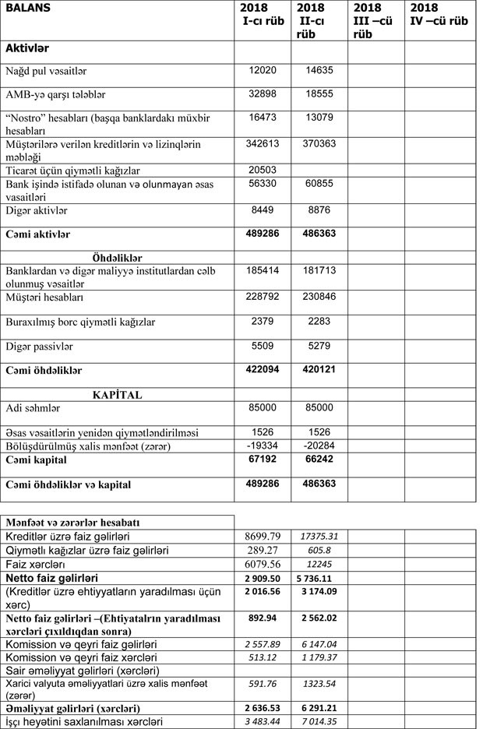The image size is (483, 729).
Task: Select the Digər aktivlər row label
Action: coord(37,210)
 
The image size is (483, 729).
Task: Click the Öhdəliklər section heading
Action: coord(117,257)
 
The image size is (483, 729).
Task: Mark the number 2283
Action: coord(319,322)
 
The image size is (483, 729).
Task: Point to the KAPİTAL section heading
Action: coord(117,394)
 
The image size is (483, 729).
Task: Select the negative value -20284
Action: coord(319,445)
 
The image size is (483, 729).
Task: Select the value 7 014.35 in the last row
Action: coord(319,722)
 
